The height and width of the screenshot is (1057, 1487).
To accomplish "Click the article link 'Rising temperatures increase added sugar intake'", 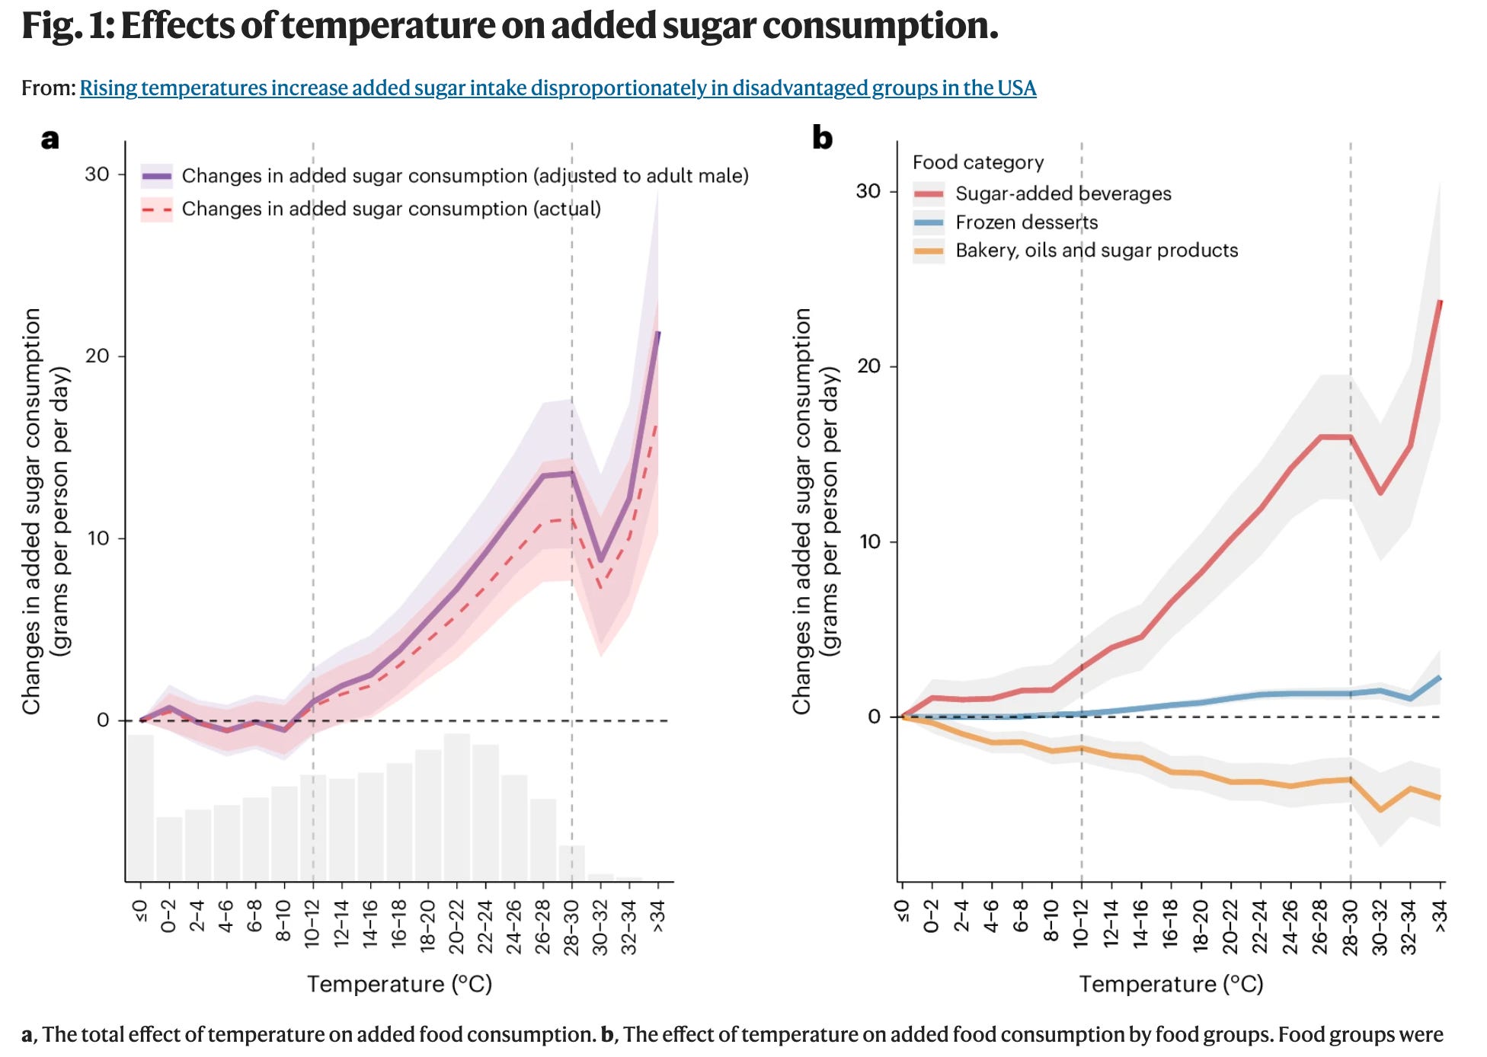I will pos(558,88).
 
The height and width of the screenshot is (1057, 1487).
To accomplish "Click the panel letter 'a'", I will pos(50,139).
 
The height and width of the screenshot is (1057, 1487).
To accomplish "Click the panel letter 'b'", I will pos(822,138).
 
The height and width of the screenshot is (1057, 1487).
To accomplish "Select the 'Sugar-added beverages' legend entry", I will pos(1063,193).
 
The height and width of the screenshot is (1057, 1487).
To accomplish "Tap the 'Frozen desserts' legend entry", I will pos(1026,222).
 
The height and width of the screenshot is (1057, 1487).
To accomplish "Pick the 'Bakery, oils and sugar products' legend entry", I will pos(1096,251).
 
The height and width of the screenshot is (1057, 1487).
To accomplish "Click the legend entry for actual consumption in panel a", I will pos(391,209).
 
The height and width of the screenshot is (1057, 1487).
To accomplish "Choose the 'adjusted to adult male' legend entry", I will pos(465,176).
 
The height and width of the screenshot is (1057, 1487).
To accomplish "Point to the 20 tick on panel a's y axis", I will pos(98,356).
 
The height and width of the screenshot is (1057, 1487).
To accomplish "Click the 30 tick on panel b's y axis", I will pos(869,190).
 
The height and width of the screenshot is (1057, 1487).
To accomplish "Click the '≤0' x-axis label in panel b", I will pos(902,912).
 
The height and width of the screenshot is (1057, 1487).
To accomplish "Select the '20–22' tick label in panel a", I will pos(456,926).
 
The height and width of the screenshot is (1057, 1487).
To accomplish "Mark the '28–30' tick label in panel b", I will pos(1351,926).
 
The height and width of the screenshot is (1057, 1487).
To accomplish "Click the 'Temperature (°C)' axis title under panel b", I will pos(1171,984).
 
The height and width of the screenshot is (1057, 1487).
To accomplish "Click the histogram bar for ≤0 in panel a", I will pos(140,807).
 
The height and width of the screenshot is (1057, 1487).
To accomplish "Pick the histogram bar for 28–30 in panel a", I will pos(572,863).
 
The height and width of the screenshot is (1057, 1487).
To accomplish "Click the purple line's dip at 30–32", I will pos(601,560).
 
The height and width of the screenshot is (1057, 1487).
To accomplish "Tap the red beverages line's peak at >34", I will pos(1440,302).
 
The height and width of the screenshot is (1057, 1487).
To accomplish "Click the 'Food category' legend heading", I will pos(978,162).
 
